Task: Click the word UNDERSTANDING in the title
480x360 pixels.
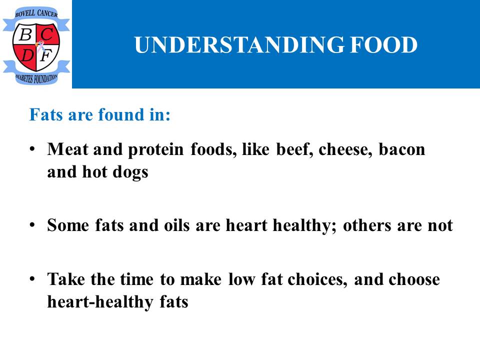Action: pyautogui.click(x=239, y=44)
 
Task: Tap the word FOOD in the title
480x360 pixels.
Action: pyautogui.click(x=384, y=44)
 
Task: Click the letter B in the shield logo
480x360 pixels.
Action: pyautogui.click(x=25, y=34)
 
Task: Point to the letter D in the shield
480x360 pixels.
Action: pyautogui.click(x=27, y=55)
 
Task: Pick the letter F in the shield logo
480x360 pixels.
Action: pyautogui.click(x=46, y=55)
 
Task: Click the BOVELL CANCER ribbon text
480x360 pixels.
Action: pyautogui.click(x=36, y=13)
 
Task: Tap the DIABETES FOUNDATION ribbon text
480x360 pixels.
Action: pyautogui.click(x=36, y=78)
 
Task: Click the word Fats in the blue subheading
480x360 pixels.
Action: pyautogui.click(x=46, y=115)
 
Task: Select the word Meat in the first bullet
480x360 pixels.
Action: pyautogui.click(x=67, y=149)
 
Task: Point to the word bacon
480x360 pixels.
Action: pyautogui.click(x=401, y=149)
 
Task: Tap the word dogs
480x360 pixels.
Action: pyautogui.click(x=130, y=172)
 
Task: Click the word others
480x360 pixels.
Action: pyautogui.click(x=367, y=225)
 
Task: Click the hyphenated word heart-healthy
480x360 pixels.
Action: pyautogui.click(x=100, y=302)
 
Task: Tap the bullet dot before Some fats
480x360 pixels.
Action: pyautogui.click(x=32, y=225)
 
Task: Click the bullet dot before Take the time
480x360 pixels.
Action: pyautogui.click(x=32, y=279)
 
